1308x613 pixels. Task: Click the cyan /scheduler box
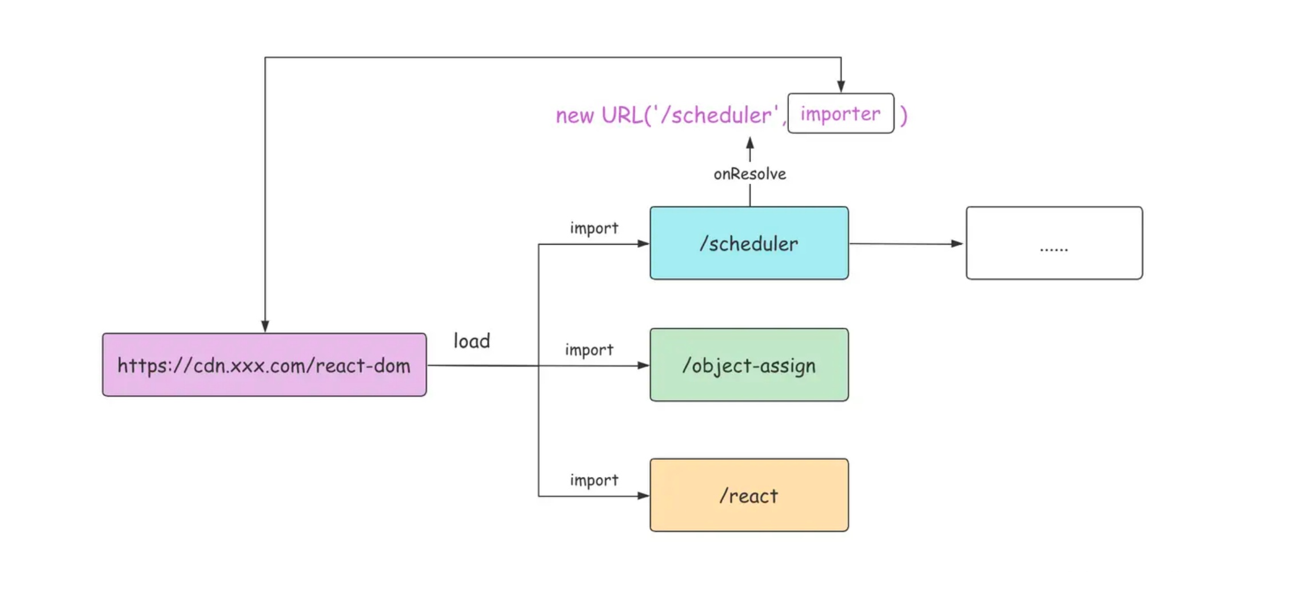pyautogui.click(x=749, y=243)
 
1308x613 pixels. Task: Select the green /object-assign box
pyautogui.click(x=749, y=365)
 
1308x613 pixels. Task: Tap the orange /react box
pyautogui.click(x=749, y=495)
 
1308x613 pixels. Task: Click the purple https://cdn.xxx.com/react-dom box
pyautogui.click(x=264, y=365)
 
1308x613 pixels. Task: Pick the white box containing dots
pyautogui.click(x=1054, y=243)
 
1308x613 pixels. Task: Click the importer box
pyautogui.click(x=840, y=114)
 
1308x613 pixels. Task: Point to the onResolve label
pyautogui.click(x=749, y=174)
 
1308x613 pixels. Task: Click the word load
pyautogui.click(x=472, y=341)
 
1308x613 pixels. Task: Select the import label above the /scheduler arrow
pyautogui.click(x=594, y=228)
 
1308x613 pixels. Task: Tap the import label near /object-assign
pyautogui.click(x=589, y=349)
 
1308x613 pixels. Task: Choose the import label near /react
pyautogui.click(x=594, y=480)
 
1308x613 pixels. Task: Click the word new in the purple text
pyautogui.click(x=575, y=116)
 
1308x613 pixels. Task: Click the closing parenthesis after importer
pyautogui.click(x=904, y=116)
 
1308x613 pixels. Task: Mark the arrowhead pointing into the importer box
pyautogui.click(x=841, y=87)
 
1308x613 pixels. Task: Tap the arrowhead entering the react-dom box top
pyautogui.click(x=265, y=327)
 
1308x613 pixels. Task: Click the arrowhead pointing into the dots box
pyautogui.click(x=957, y=244)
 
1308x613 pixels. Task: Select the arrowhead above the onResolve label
pyautogui.click(x=750, y=142)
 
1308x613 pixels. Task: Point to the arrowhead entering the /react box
pyautogui.click(x=643, y=496)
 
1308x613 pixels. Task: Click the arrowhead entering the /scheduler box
pyautogui.click(x=643, y=244)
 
